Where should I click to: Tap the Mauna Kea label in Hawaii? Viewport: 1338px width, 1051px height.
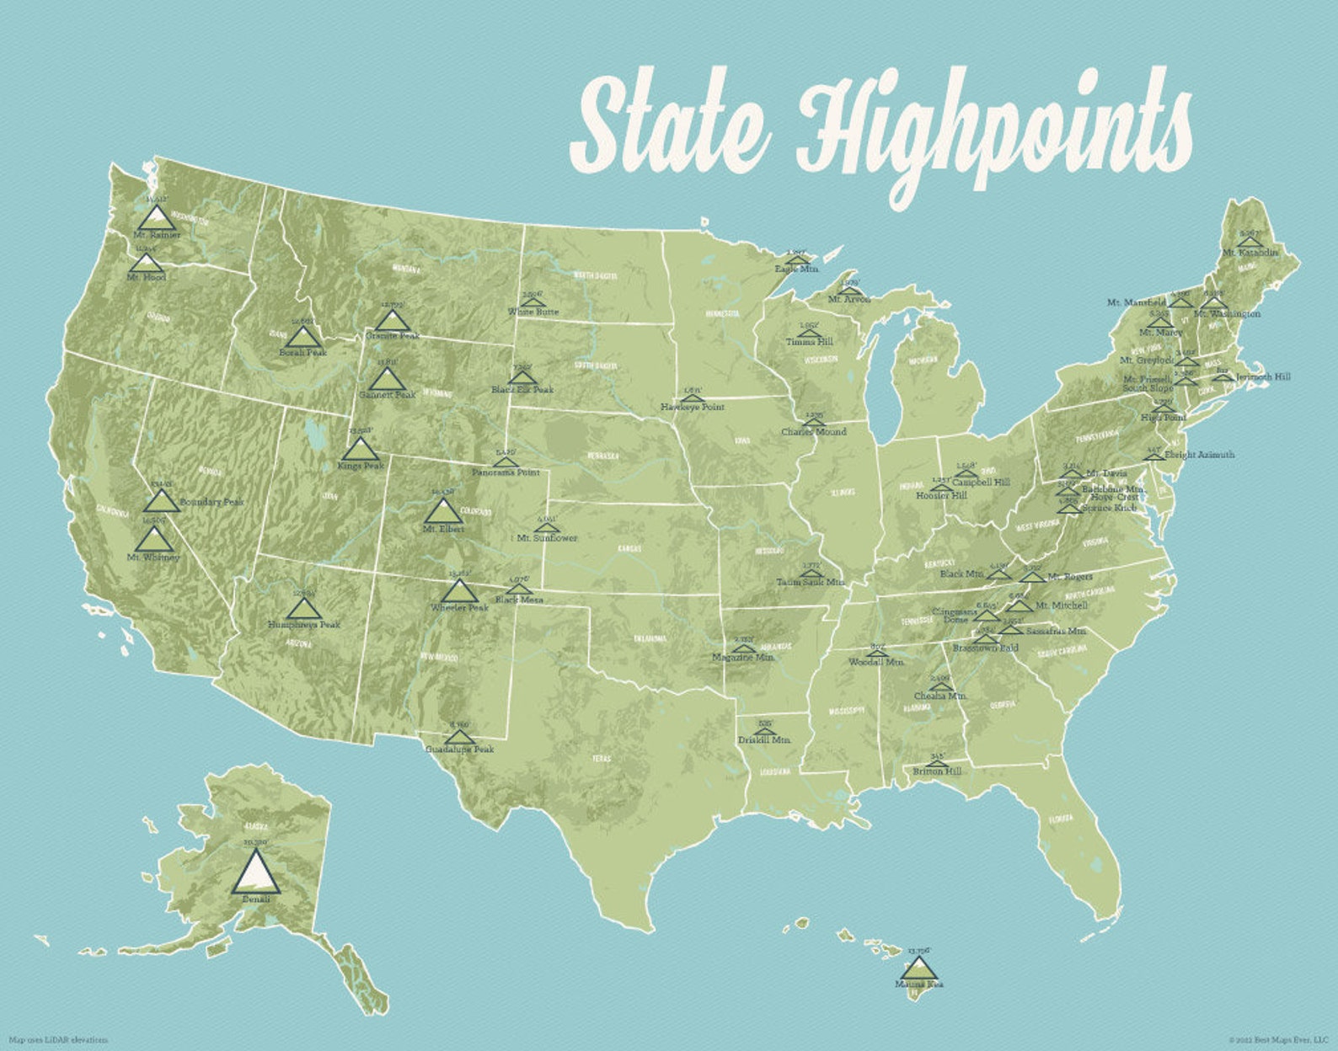click(x=919, y=984)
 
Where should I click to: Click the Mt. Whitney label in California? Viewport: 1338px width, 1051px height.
click(x=153, y=557)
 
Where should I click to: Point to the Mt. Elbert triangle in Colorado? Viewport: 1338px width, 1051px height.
click(x=442, y=512)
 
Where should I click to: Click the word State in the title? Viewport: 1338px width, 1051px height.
click(x=670, y=126)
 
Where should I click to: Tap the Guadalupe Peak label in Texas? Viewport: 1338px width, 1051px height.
click(x=459, y=749)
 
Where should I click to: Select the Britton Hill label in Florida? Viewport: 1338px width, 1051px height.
click(x=937, y=771)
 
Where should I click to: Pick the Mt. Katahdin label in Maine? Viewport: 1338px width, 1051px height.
click(x=1250, y=252)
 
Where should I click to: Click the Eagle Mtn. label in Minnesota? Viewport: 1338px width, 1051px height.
click(x=797, y=269)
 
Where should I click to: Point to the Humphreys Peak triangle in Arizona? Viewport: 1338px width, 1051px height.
click(x=304, y=607)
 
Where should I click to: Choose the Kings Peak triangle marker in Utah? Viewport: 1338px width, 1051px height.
click(x=361, y=450)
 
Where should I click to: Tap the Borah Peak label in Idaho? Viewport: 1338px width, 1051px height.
click(x=303, y=353)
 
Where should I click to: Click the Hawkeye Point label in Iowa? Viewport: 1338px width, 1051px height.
click(x=693, y=407)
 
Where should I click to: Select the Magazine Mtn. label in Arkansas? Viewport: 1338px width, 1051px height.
click(x=743, y=657)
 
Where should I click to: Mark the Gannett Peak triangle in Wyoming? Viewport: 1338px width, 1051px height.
click(x=387, y=379)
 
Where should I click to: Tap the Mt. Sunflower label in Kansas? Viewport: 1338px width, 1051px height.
click(x=547, y=537)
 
